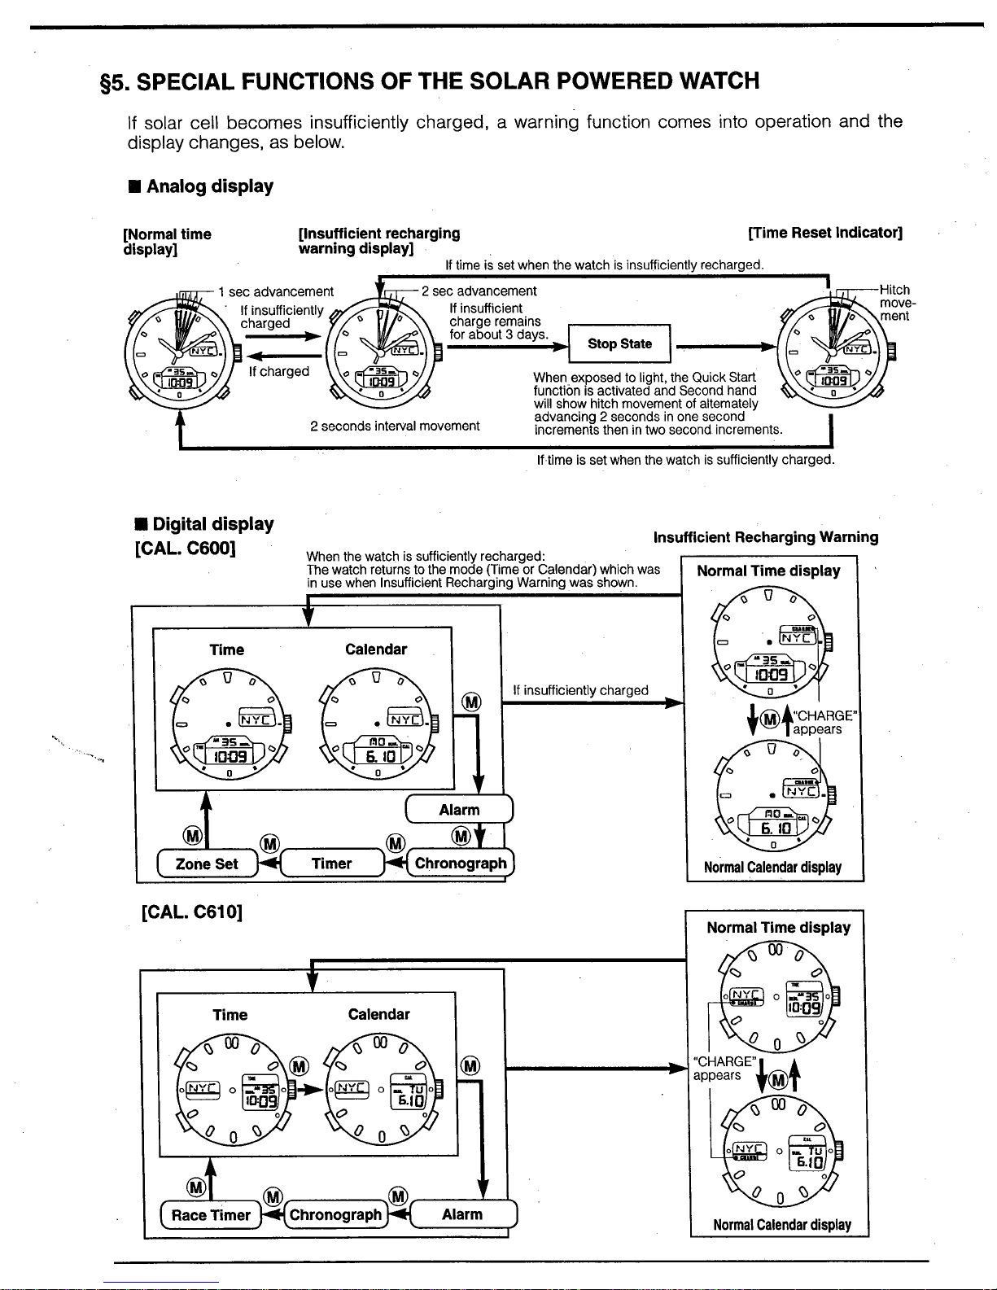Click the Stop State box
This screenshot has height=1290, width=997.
pos(619,343)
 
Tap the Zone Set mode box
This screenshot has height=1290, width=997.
pos(207,864)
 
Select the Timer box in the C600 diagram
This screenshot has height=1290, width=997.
pos(331,864)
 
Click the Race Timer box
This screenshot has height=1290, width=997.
pos(211,1215)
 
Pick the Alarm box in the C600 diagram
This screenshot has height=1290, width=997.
pos(459,810)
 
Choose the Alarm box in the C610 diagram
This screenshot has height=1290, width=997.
pos(462,1214)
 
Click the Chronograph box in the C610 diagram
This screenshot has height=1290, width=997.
pos(335,1215)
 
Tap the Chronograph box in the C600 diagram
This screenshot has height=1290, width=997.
pos(461,864)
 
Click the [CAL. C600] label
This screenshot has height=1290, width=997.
pos(186,547)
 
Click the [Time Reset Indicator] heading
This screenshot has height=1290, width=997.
pos(824,233)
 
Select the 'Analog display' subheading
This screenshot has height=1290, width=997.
pos(209,186)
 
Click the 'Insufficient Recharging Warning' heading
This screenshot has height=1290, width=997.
pos(765,537)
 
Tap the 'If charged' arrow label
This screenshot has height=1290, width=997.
pos(279,371)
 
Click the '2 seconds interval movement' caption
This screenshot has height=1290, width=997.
pos(395,426)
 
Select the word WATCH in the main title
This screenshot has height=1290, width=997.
pos(707,81)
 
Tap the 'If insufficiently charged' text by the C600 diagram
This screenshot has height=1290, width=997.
pos(580,690)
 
